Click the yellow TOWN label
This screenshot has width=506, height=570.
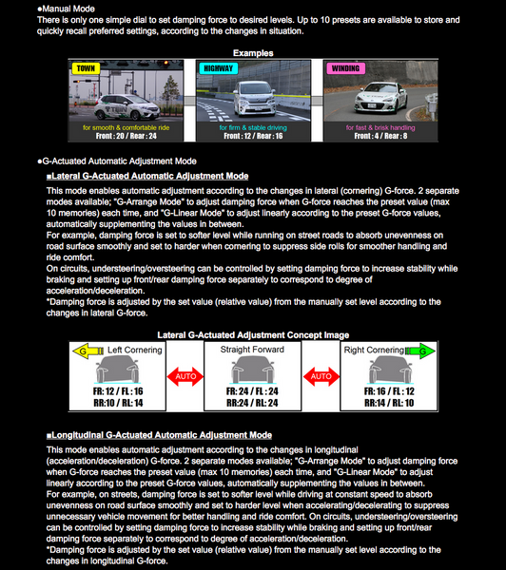point(86,68)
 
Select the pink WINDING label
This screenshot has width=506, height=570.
point(344,68)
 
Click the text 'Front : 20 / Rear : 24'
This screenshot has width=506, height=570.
point(126,135)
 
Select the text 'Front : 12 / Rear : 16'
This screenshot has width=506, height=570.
point(252,135)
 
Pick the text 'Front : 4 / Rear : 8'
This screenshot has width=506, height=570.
point(379,135)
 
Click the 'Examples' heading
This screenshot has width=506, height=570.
point(252,53)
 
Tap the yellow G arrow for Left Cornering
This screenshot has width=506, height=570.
point(86,351)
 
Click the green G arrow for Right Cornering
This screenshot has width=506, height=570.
point(419,351)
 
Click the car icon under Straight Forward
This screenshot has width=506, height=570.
point(253,370)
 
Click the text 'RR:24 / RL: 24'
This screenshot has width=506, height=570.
point(253,403)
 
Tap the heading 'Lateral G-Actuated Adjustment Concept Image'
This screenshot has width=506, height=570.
point(252,334)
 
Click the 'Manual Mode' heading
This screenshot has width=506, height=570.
point(56,8)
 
